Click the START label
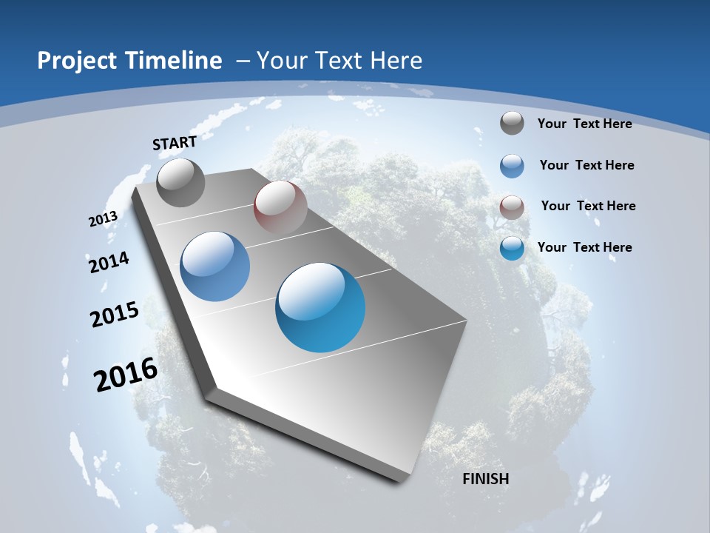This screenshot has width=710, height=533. [x=175, y=143]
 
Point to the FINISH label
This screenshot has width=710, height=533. [x=485, y=479]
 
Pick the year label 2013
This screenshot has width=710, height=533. [x=104, y=219]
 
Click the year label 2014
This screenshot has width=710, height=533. [x=109, y=262]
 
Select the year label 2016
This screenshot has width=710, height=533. [x=126, y=375]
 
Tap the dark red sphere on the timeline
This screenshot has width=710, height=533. [x=280, y=207]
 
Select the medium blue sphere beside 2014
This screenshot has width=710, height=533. [x=214, y=266]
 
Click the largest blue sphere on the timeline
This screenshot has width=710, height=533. [x=320, y=307]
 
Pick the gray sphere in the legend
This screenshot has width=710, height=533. [x=512, y=123]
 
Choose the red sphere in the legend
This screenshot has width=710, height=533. [x=512, y=207]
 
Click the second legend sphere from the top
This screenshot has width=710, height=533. [x=512, y=166]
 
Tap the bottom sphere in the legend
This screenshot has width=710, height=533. [x=512, y=248]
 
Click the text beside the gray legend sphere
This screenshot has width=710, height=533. [x=584, y=124]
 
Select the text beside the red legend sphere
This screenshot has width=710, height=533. [x=588, y=206]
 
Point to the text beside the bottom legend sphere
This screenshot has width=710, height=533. [x=584, y=247]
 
